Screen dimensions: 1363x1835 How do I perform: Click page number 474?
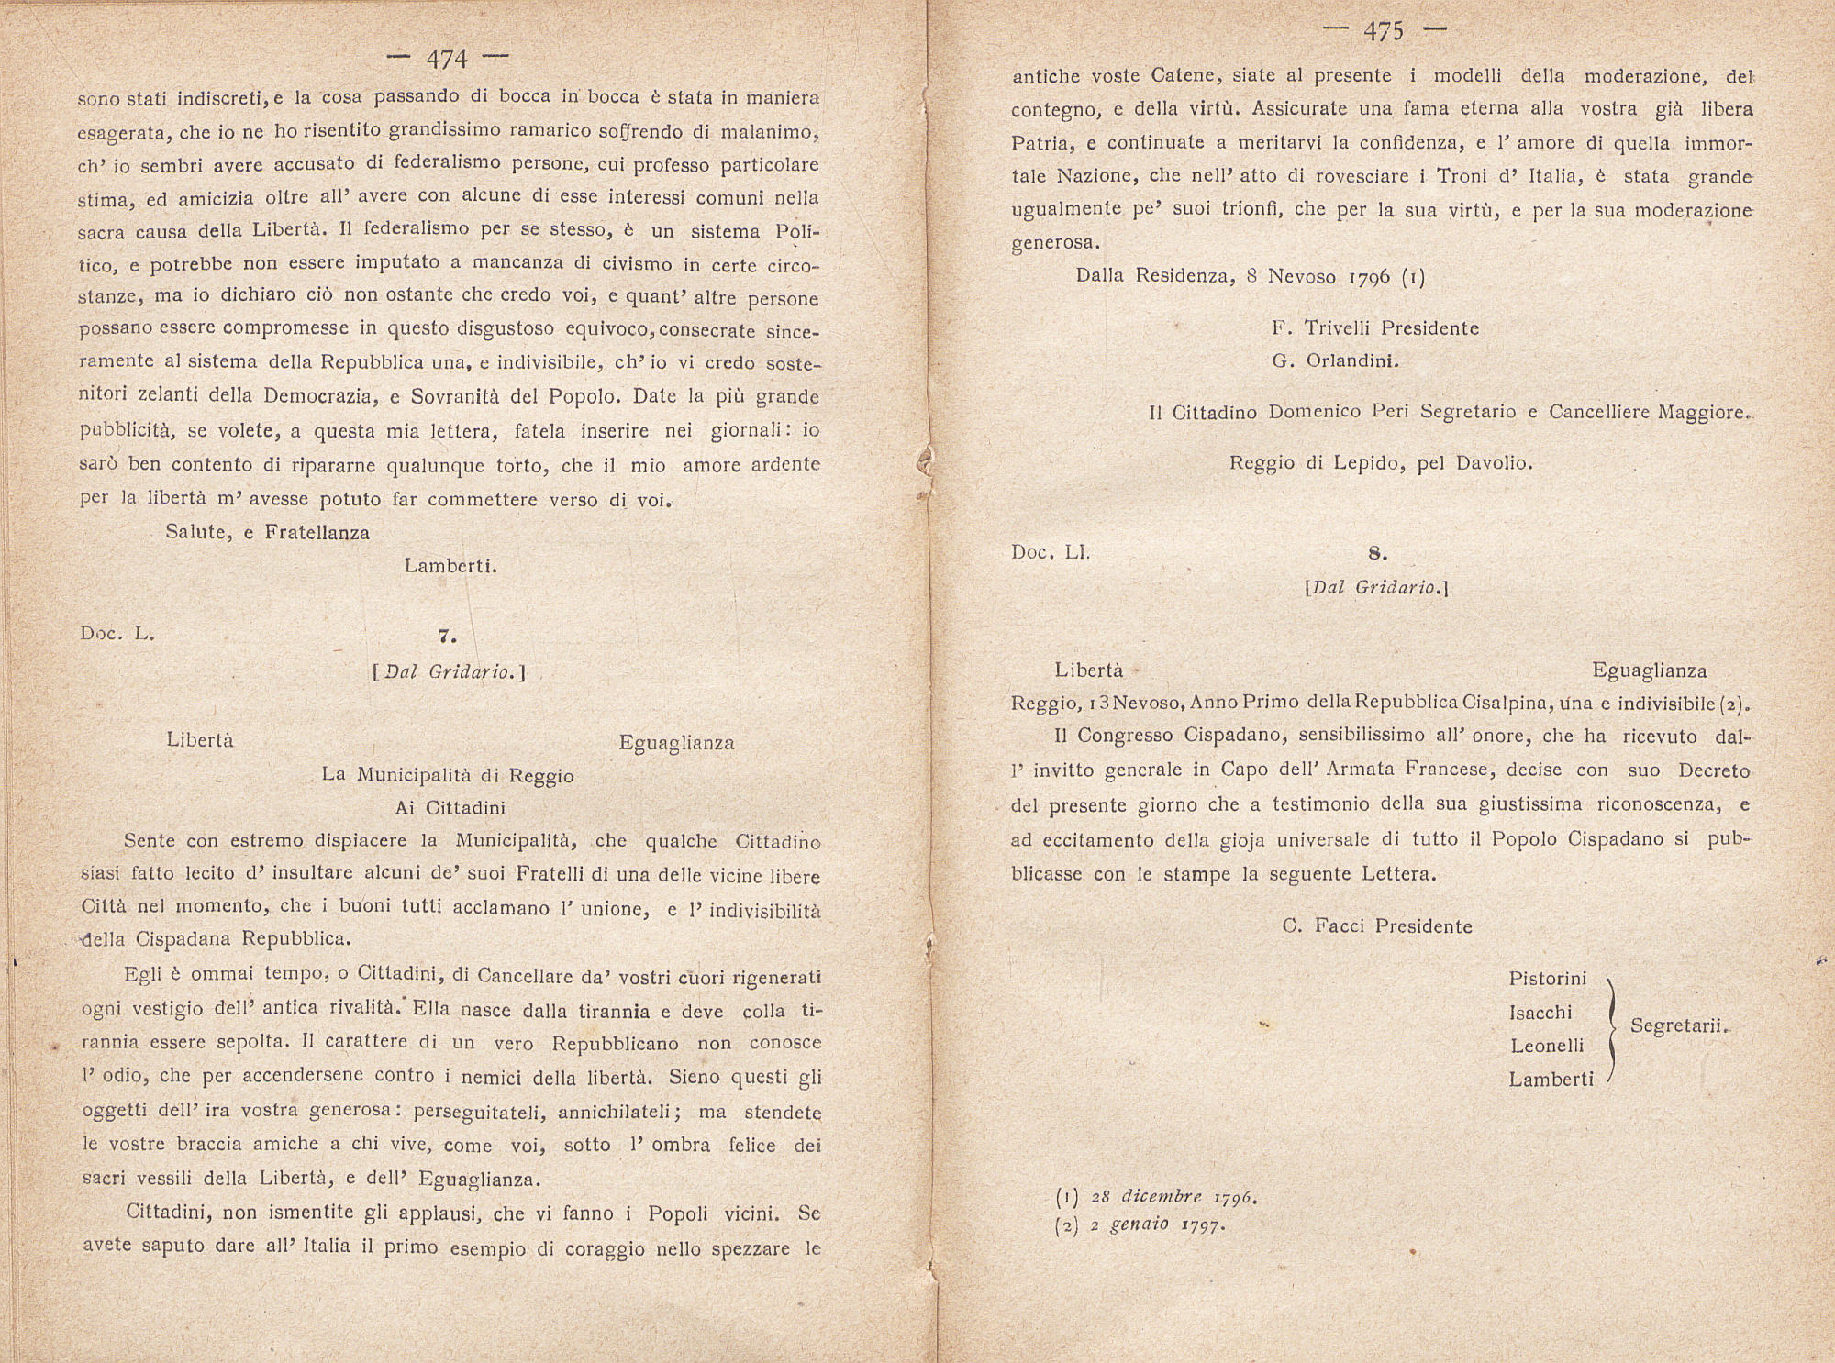(447, 60)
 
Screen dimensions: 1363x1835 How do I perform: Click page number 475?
(1384, 32)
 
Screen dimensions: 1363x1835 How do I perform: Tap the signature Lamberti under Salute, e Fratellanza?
(450, 566)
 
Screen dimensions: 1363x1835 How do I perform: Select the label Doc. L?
(117, 633)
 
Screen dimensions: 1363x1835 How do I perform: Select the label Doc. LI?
(1050, 552)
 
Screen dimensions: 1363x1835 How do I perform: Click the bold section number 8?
(1376, 553)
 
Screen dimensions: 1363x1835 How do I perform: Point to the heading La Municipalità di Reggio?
(448, 775)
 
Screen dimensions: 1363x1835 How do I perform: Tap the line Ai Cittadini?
(450, 808)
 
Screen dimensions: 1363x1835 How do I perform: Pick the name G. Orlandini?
(1335, 360)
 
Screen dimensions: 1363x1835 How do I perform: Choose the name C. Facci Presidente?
(1376, 926)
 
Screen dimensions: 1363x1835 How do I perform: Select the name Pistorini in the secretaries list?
(1547, 979)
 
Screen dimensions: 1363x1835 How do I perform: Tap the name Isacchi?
(1540, 1013)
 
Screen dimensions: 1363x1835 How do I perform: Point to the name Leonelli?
(1546, 1046)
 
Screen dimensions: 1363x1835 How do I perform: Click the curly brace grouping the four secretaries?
(1612, 1028)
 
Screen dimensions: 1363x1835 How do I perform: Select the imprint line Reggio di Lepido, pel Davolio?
(1381, 463)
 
